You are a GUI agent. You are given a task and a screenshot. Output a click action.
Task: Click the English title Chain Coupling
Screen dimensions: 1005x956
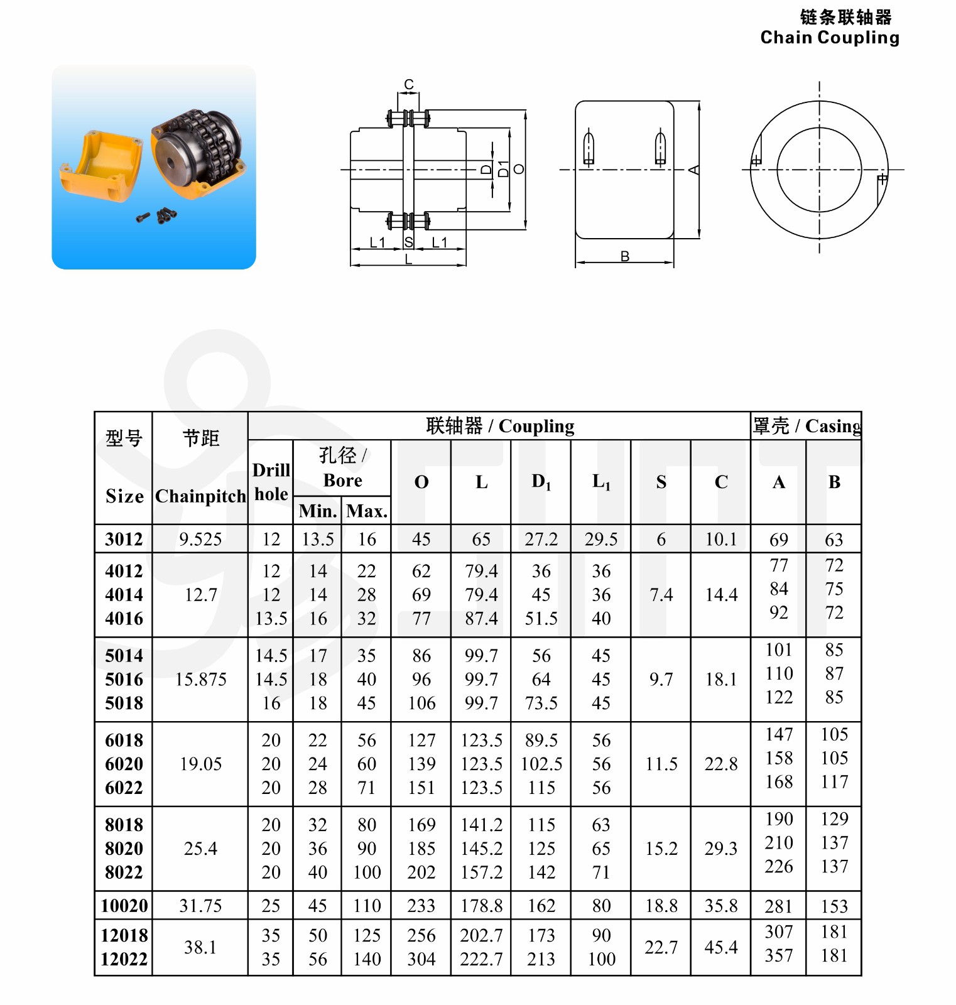(x=829, y=38)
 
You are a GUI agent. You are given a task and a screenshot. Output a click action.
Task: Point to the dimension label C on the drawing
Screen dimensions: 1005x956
(x=409, y=84)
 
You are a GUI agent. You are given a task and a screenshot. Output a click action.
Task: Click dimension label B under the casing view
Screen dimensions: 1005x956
(x=624, y=256)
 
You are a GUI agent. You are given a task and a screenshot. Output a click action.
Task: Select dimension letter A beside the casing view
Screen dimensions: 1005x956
(x=694, y=170)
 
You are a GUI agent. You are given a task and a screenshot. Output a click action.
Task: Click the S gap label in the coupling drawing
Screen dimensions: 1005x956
(x=409, y=242)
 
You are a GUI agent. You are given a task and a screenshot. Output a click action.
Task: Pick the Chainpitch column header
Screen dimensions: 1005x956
(x=200, y=496)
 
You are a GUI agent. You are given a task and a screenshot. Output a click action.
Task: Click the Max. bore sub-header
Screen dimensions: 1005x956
(x=366, y=511)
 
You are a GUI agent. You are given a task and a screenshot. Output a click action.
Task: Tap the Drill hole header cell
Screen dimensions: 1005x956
(x=271, y=482)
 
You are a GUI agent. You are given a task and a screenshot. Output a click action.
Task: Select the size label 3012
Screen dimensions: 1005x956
(x=124, y=539)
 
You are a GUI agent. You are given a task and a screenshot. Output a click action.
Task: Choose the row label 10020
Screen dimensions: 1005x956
(x=124, y=906)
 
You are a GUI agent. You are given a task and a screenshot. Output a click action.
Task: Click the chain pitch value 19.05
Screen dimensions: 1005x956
(x=200, y=764)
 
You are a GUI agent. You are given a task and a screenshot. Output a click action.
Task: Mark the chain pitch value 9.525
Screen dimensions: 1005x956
(x=200, y=539)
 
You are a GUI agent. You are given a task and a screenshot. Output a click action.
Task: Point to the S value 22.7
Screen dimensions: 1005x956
(x=661, y=947)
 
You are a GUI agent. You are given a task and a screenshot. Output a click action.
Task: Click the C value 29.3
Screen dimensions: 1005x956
(x=720, y=849)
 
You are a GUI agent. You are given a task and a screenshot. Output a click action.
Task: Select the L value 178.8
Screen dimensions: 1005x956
(x=481, y=906)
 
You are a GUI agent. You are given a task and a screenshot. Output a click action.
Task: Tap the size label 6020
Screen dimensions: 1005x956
(x=124, y=764)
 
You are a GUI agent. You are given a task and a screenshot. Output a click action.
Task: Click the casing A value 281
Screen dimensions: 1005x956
(x=778, y=906)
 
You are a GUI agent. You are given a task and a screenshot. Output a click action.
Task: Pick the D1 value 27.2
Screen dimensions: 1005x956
(x=541, y=539)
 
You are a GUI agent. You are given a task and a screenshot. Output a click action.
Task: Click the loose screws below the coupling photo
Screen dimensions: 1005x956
(x=157, y=216)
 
